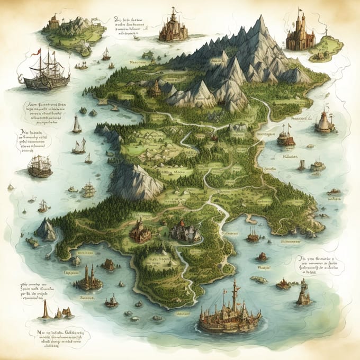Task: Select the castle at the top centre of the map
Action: pos(173,28)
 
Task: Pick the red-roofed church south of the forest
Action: pos(140,231)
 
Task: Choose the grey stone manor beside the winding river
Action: pos(185,231)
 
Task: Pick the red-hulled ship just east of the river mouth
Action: pos(253,236)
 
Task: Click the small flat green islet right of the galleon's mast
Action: pos(259,280)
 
